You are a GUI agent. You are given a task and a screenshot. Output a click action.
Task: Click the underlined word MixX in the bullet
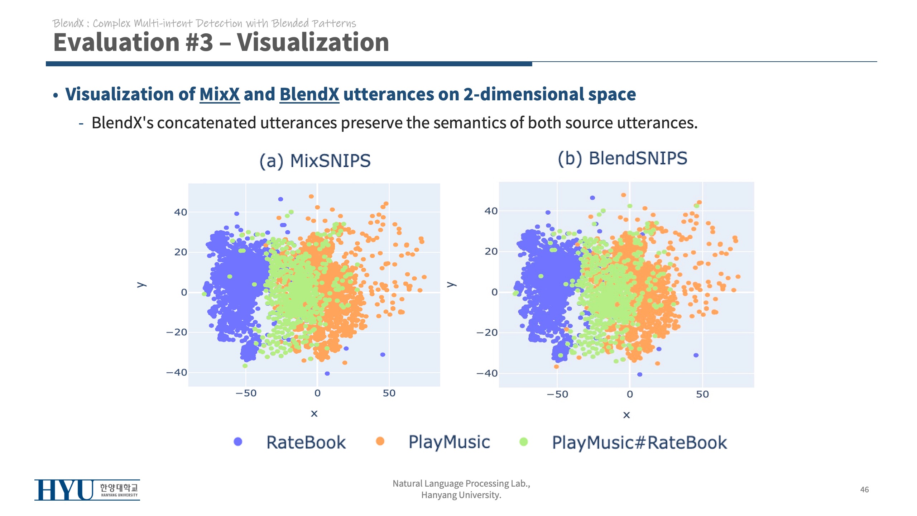219,94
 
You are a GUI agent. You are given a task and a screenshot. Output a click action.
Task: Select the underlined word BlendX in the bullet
309,94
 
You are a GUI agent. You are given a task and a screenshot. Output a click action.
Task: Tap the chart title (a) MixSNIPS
315,161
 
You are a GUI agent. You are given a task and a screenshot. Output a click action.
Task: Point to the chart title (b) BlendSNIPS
623,158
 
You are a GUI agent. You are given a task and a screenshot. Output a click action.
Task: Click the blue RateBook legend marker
238,442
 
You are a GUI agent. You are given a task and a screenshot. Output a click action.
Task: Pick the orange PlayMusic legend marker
380,441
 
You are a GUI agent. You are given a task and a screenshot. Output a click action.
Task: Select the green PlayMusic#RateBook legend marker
523,442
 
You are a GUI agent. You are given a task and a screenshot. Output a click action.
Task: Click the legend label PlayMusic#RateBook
639,443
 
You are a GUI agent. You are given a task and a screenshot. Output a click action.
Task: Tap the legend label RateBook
306,443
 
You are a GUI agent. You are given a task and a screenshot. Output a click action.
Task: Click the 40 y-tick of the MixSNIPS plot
181,212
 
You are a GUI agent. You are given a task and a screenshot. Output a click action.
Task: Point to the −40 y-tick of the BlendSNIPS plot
487,373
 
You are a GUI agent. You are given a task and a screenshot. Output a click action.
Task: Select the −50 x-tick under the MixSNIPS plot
246,393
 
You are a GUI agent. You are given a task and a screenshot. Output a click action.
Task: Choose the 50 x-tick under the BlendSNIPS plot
702,395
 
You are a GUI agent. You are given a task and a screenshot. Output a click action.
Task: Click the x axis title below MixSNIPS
314,414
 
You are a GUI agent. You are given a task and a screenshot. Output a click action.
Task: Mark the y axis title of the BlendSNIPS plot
451,285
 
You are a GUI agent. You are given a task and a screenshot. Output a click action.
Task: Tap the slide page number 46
864,489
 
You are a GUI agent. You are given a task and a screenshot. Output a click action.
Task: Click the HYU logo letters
64,490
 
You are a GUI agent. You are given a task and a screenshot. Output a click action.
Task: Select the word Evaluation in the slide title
116,42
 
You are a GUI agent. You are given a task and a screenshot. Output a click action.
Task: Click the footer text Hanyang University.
461,495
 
